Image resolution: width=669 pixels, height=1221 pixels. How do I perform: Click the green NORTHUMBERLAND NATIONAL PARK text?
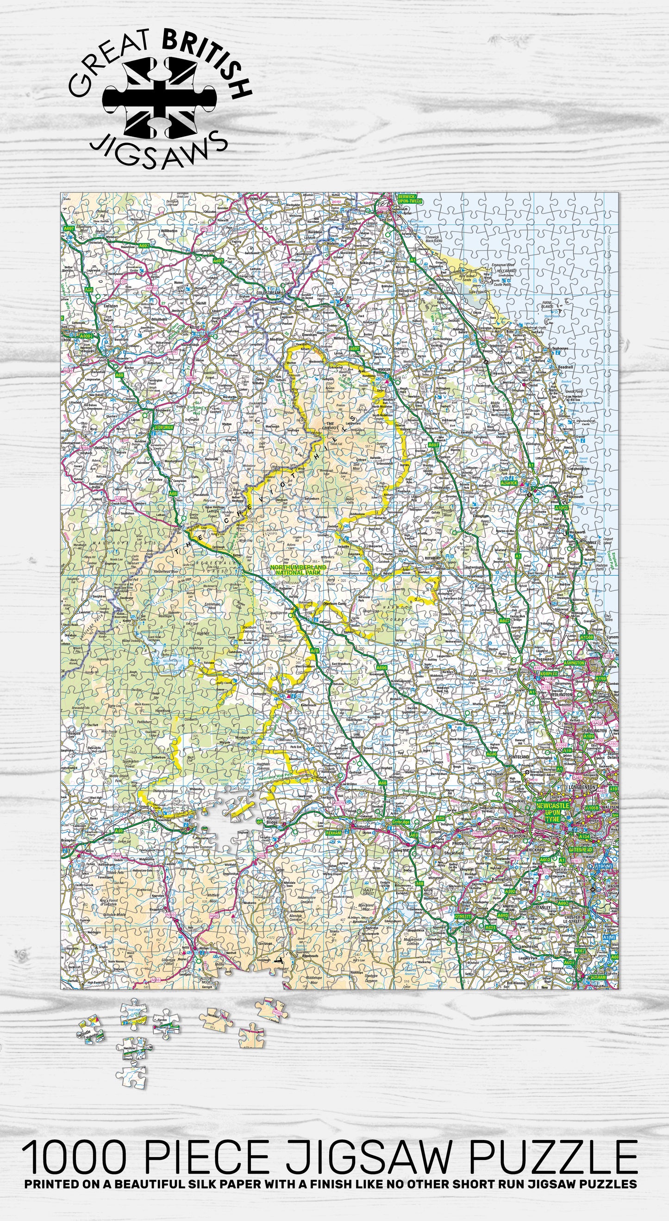[x=298, y=569]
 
